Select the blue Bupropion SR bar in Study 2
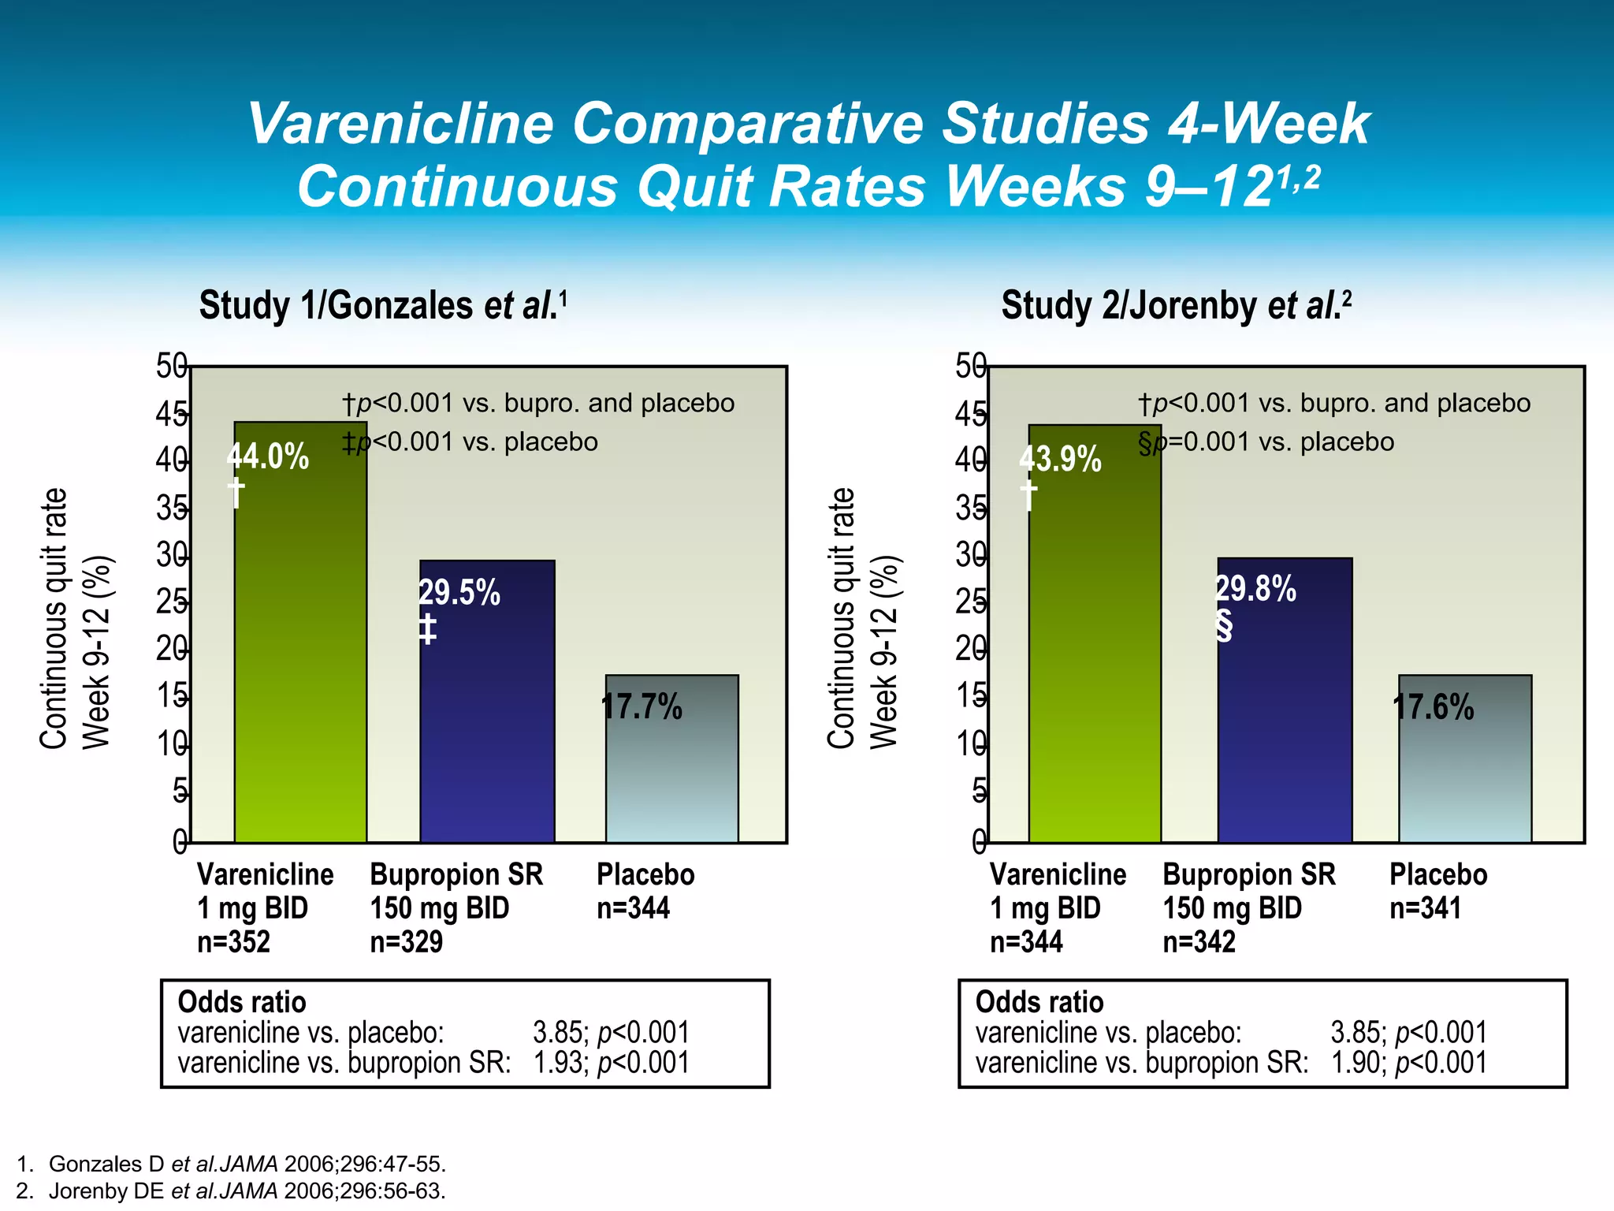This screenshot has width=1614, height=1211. point(1285,710)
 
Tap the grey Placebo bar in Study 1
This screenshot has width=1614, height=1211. point(672,773)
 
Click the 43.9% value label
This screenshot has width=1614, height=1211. point(1060,459)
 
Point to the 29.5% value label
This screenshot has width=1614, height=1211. point(459,593)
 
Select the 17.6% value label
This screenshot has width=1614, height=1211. point(1433,707)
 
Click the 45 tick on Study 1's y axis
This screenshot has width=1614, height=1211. point(171,414)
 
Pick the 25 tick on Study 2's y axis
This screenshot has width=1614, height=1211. point(971,602)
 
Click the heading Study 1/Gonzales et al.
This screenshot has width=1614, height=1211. point(383,305)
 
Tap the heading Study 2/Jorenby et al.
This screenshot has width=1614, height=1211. point(1176,305)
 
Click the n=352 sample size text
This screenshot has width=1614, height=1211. point(233,941)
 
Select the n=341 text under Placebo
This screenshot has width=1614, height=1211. point(1425,908)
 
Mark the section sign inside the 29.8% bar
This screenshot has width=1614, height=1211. point(1224,626)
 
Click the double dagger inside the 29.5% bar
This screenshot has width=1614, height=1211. point(427,629)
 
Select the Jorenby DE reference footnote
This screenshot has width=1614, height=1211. point(232,1191)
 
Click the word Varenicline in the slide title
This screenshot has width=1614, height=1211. point(401,124)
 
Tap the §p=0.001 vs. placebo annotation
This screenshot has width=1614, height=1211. point(1266,442)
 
